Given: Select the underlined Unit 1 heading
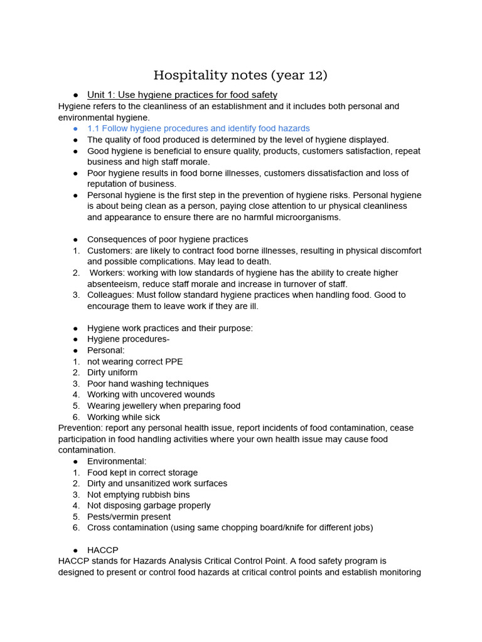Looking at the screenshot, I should [x=182, y=95].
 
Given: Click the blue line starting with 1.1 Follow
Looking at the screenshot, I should [x=198, y=129].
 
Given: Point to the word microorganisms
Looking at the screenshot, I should [x=304, y=218].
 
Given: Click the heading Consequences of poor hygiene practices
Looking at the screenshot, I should [x=168, y=239].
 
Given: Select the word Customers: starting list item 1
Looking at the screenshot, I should [x=109, y=251].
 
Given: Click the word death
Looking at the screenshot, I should [x=260, y=261].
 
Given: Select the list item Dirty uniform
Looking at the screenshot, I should [x=112, y=372].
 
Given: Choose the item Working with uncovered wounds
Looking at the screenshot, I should [x=151, y=394].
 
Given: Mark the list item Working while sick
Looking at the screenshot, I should [x=124, y=417].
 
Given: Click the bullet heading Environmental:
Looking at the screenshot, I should [x=117, y=461].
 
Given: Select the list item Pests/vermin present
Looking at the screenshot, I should [x=129, y=517].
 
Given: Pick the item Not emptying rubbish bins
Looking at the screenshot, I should [x=138, y=495].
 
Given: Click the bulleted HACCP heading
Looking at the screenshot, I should [x=102, y=550].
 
